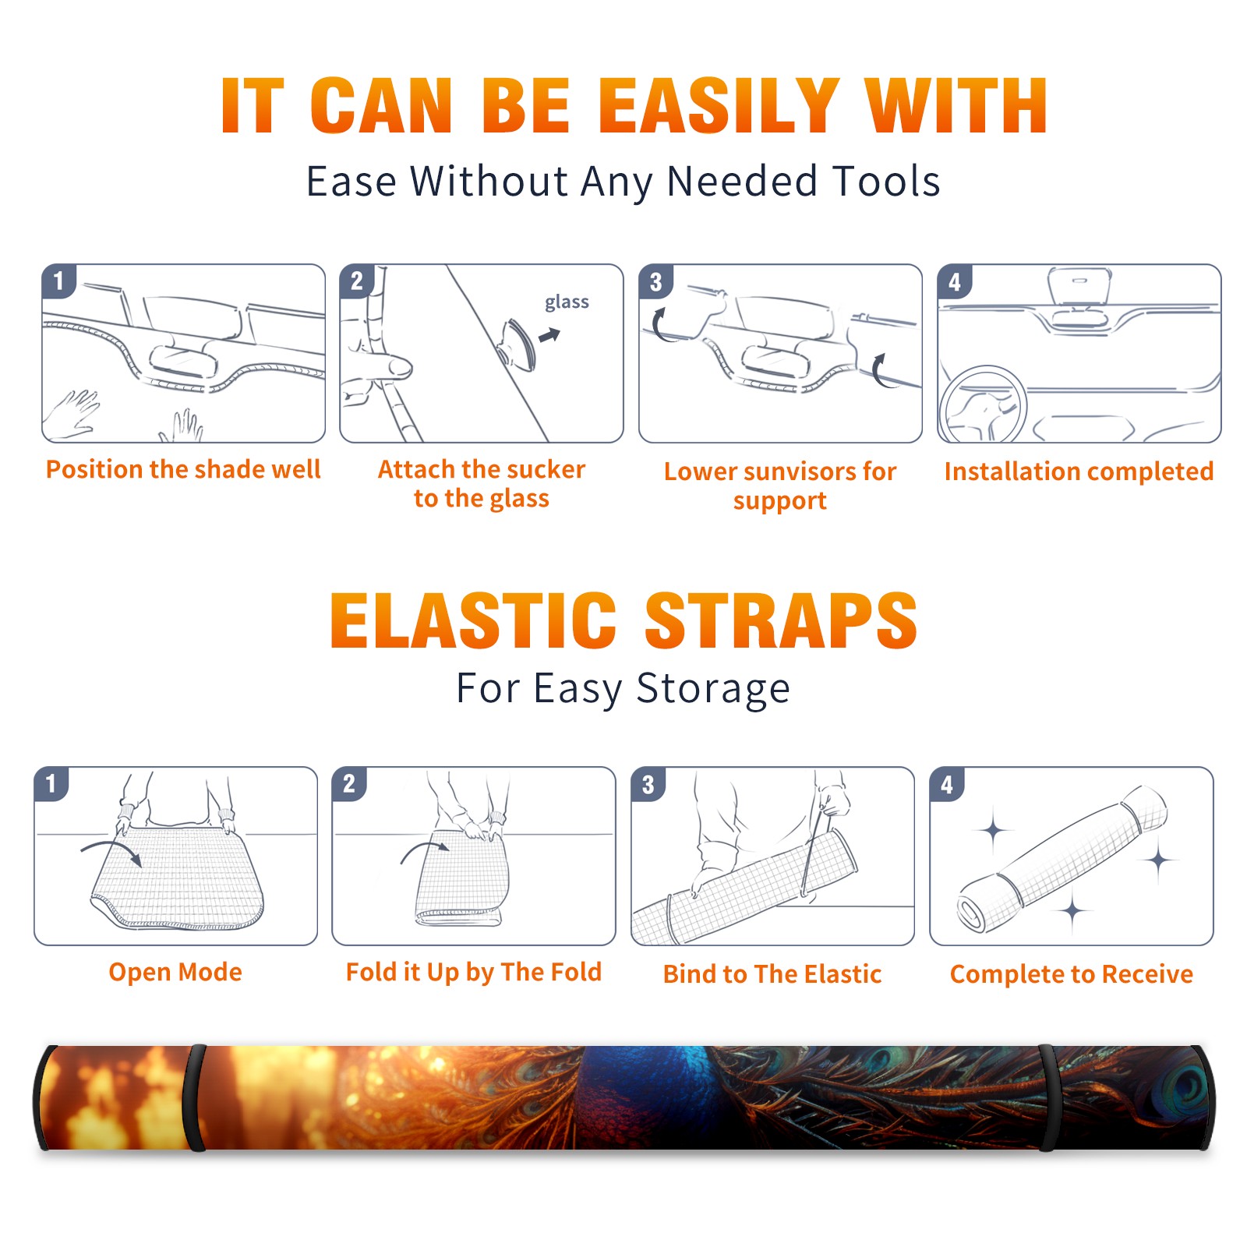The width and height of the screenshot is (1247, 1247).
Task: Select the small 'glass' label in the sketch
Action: click(x=567, y=302)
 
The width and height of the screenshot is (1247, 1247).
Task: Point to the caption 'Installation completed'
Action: click(x=1079, y=472)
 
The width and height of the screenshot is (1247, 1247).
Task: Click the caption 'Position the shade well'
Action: click(x=183, y=469)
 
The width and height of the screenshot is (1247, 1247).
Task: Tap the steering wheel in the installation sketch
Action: click(x=982, y=405)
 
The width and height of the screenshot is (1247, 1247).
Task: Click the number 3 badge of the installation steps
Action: click(x=655, y=281)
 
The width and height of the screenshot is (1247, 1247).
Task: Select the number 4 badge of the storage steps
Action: click(x=947, y=784)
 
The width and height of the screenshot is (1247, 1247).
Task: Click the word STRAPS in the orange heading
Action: click(x=781, y=620)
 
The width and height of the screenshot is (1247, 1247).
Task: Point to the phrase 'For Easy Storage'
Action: click(x=623, y=689)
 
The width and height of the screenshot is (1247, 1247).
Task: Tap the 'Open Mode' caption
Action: click(x=175, y=972)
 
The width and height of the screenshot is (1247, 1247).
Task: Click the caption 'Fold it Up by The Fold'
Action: click(x=474, y=972)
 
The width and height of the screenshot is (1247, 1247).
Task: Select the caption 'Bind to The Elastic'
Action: click(x=772, y=974)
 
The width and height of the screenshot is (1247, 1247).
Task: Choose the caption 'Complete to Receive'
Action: click(x=1072, y=974)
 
